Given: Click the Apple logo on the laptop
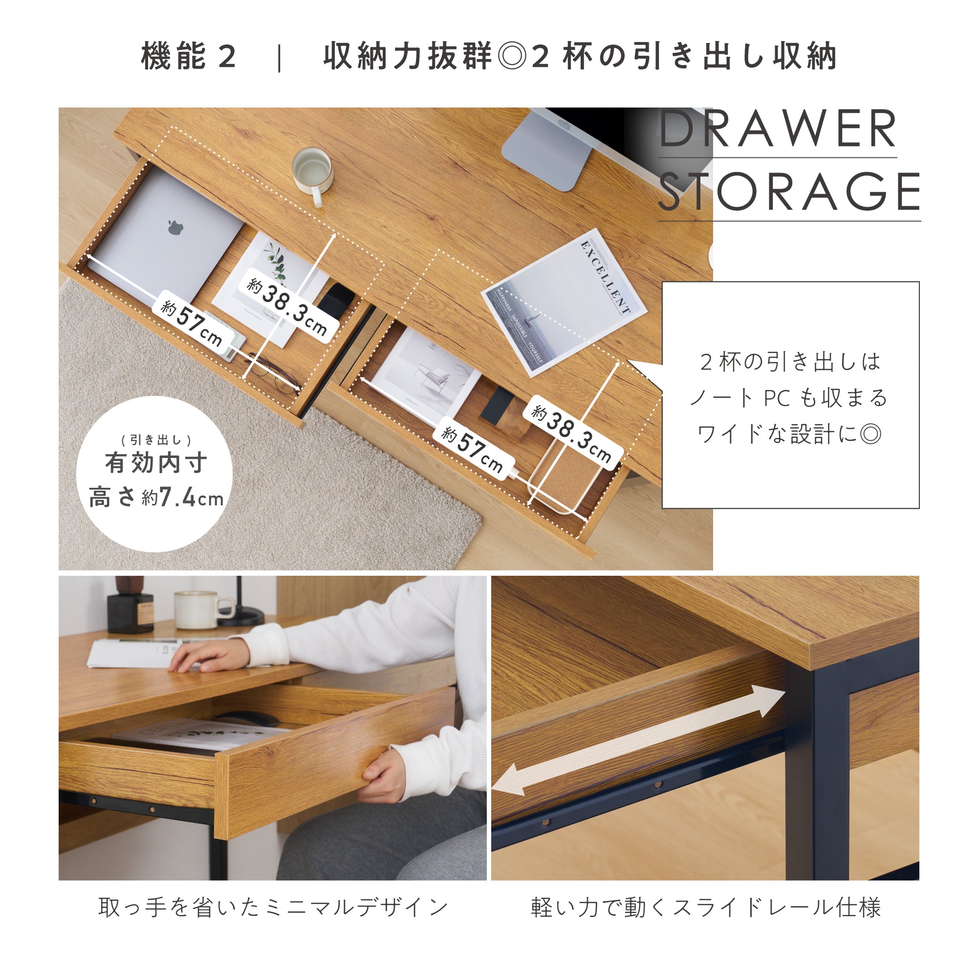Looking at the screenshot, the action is pos(175,228).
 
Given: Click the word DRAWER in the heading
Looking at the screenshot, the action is pos(778,129).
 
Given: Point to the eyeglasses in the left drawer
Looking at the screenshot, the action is pos(273,373).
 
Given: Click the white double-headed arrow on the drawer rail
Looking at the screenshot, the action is pos(638,739).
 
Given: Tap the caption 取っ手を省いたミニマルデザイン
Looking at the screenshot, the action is pos(273,907).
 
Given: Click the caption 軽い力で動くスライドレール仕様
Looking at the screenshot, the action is pos(706,907).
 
